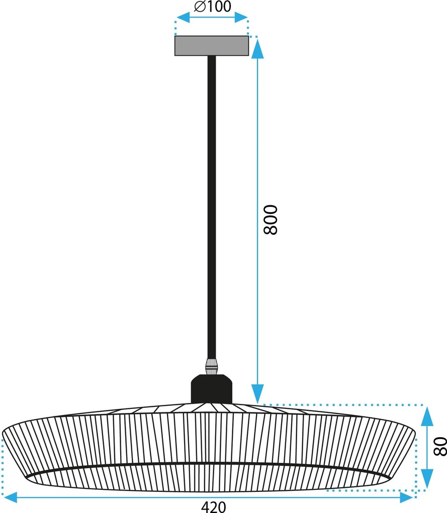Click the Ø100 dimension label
click(213, 6)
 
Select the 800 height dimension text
click(271, 219)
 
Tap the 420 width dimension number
click(213, 507)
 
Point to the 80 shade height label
click(440, 446)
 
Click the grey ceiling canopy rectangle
click(212, 46)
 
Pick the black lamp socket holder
click(212, 389)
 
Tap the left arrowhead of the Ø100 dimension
click(183, 17)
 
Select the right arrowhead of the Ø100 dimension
click(241, 17)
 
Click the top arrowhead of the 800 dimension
click(257, 48)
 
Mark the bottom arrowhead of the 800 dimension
click(257, 394)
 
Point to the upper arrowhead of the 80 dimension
click(427, 416)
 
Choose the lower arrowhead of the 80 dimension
click(427, 479)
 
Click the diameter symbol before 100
click(200, 6)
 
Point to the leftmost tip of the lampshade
click(3, 434)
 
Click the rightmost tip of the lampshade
click(415, 434)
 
